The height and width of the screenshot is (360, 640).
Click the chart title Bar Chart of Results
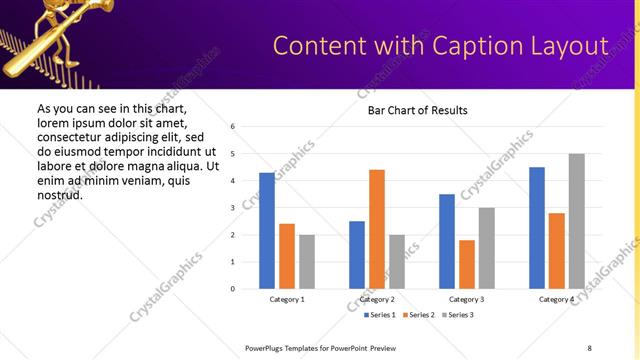(x=411, y=110)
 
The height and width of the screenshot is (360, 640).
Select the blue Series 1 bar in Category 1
(x=266, y=231)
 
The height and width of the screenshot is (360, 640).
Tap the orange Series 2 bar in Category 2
(x=376, y=229)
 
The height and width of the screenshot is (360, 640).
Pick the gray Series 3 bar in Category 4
(x=576, y=221)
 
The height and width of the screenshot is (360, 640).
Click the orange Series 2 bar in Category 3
(x=466, y=264)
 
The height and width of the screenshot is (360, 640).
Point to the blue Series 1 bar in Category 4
(x=536, y=228)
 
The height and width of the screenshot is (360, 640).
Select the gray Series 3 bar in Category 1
(x=306, y=262)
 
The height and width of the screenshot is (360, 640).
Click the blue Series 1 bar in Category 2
(x=356, y=255)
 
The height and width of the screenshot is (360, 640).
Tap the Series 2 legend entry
(x=418, y=315)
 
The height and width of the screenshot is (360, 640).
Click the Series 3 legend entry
(x=459, y=315)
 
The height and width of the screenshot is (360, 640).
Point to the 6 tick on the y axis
(x=232, y=127)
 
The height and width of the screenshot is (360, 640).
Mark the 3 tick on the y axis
(x=232, y=208)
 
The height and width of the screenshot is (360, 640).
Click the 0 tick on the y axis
(x=232, y=289)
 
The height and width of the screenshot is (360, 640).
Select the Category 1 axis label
(x=287, y=299)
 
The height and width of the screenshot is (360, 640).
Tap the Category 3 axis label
(x=467, y=299)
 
